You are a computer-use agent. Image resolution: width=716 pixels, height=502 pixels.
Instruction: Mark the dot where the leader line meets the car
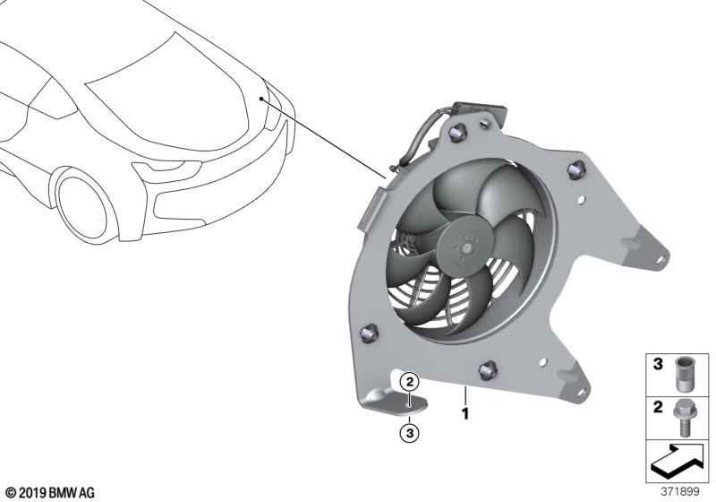click(261, 100)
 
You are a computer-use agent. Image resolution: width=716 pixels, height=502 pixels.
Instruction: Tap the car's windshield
click(152, 76)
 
